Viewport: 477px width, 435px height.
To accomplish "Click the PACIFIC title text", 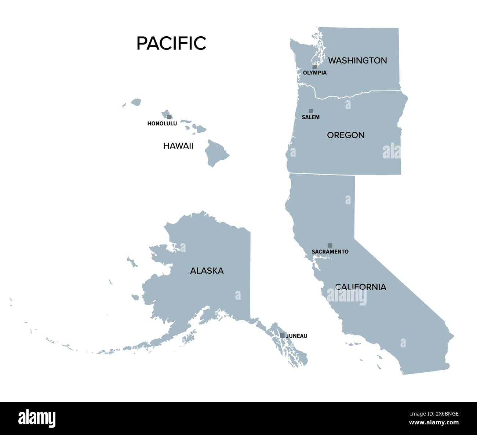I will coord(171,43).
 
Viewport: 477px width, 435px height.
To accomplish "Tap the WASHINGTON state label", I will coord(357,61).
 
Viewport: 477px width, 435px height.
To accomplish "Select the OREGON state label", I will coord(346,135).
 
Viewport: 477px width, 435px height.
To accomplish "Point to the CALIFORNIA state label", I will coord(361,287).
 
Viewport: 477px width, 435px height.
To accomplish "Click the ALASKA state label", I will coord(207,271).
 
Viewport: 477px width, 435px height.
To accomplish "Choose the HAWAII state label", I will coord(178,146).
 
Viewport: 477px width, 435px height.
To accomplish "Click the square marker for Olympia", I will coord(314,67).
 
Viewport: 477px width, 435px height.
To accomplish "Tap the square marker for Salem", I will coord(311,111).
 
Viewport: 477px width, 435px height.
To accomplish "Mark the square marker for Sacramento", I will coord(330,245).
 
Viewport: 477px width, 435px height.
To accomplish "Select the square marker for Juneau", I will coord(282,335).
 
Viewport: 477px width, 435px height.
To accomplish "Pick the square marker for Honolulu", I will coord(169,117).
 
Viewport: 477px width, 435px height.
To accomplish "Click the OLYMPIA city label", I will coord(314,73).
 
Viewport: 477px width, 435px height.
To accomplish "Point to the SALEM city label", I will coord(310,117).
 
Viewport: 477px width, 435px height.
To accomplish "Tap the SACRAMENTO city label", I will coord(330,252).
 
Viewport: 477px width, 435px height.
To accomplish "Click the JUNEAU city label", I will coord(296,336).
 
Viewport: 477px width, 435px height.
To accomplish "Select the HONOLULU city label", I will coord(162,124).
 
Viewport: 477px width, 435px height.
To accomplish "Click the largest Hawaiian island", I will coord(216,153).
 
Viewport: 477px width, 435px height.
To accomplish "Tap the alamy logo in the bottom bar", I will coord(37,418).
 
